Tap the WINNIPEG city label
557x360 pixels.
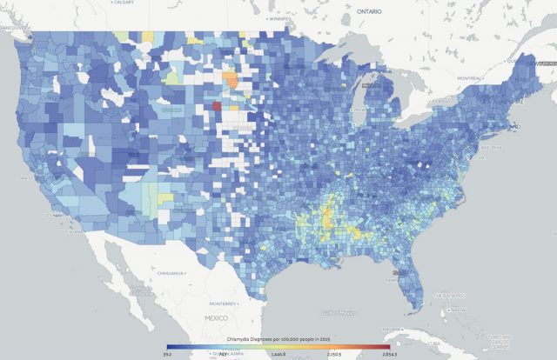pos(279,17)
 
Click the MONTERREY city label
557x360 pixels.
pos(225,303)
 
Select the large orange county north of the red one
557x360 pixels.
pos(233,80)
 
